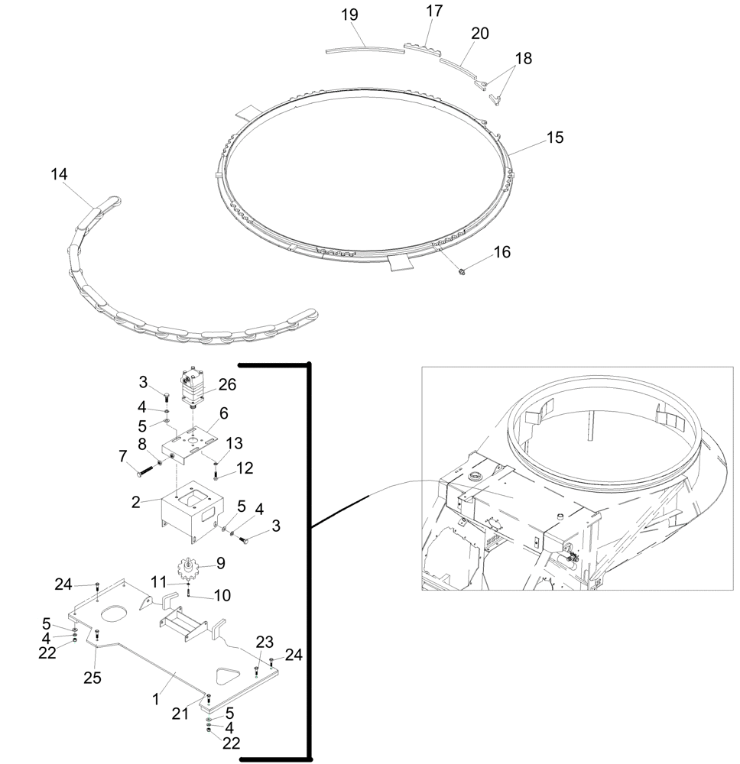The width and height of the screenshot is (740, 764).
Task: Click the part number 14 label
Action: [59, 174]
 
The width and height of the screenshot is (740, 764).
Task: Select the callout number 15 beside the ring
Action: [554, 138]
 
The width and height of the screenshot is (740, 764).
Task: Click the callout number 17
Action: [433, 11]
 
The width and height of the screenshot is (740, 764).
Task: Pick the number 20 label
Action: [480, 34]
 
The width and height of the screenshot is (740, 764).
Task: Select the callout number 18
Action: [523, 58]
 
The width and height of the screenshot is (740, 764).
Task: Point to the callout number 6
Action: [224, 413]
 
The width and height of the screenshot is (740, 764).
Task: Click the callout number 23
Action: [264, 642]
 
